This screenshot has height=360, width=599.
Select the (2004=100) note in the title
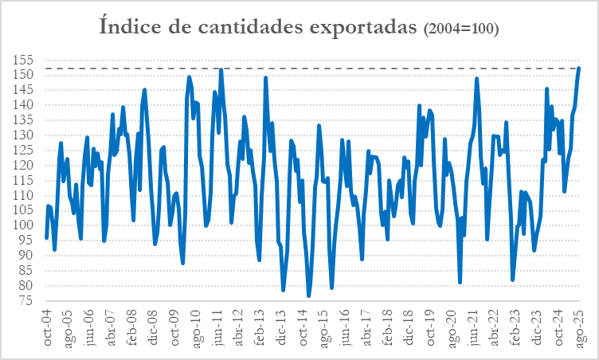tap(461, 29)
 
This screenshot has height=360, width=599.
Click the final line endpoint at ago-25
tap(579, 68)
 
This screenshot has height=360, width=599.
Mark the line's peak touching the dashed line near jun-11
tap(221, 69)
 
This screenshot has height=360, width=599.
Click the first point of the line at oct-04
tap(46, 237)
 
